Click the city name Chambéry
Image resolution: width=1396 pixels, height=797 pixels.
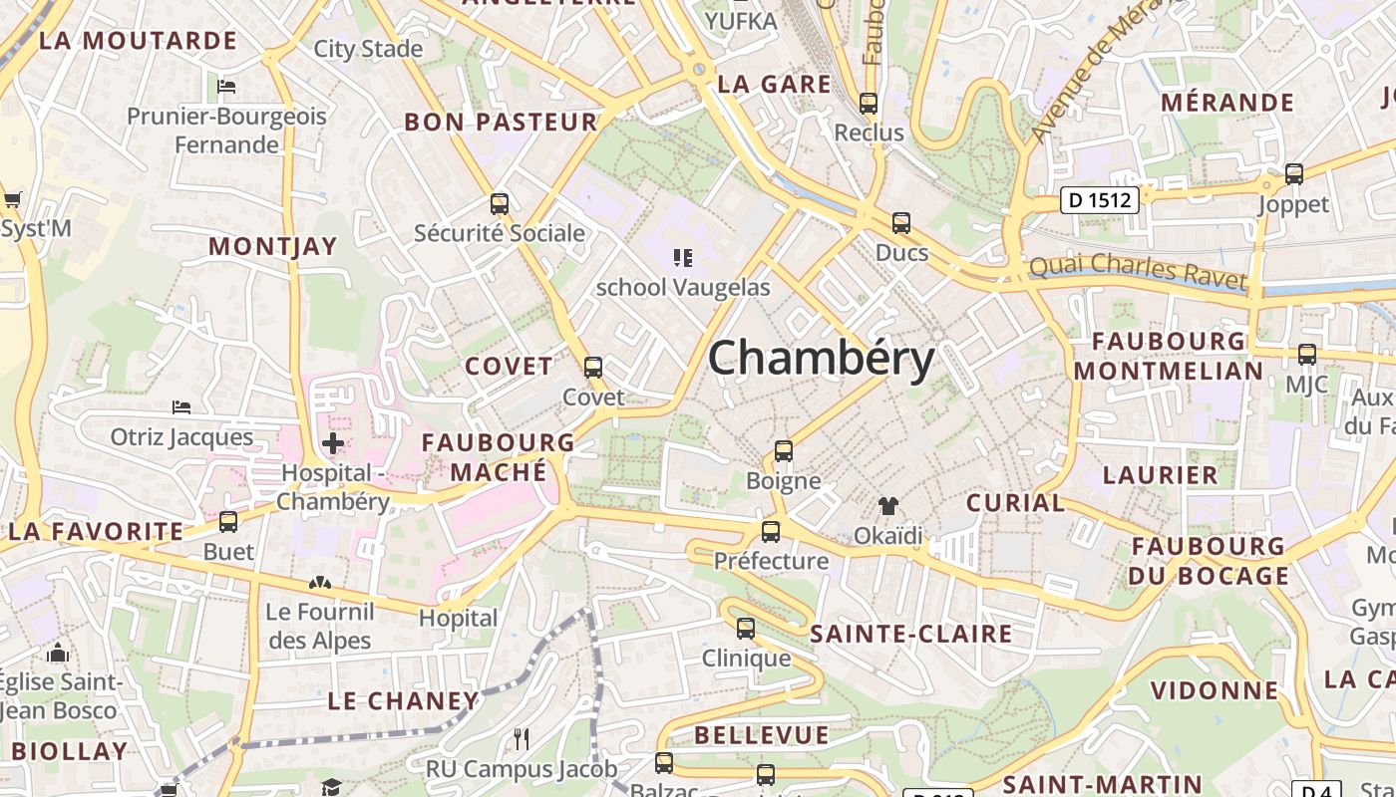[x=821, y=359]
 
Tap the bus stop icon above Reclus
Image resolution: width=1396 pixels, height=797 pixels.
[x=869, y=103]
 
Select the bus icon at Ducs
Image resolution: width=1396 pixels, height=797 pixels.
[x=901, y=223]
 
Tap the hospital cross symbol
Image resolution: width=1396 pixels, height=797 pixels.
[x=333, y=442]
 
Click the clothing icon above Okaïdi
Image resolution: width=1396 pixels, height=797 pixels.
[x=887, y=506]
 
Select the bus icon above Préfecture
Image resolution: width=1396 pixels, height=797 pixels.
[x=771, y=532]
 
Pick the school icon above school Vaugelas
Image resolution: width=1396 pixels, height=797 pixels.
[x=683, y=258]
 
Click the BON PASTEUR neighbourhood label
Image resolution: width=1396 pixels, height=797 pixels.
[x=501, y=123]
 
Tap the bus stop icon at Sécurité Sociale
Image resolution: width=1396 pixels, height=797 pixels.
[x=500, y=204]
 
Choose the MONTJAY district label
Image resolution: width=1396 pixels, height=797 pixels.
[x=273, y=247]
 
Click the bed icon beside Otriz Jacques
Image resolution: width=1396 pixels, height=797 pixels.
[x=181, y=407]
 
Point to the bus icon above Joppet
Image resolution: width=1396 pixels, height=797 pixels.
[x=1294, y=174]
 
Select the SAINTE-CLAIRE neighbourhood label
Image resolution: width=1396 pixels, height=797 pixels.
[x=911, y=634]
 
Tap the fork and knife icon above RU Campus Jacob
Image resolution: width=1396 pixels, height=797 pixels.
[x=522, y=739]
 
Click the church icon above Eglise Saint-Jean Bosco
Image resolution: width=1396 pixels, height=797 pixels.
[x=59, y=654]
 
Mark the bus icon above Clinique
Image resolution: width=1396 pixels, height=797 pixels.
[x=746, y=629]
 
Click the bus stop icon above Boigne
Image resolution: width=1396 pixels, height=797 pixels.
[x=784, y=451]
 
